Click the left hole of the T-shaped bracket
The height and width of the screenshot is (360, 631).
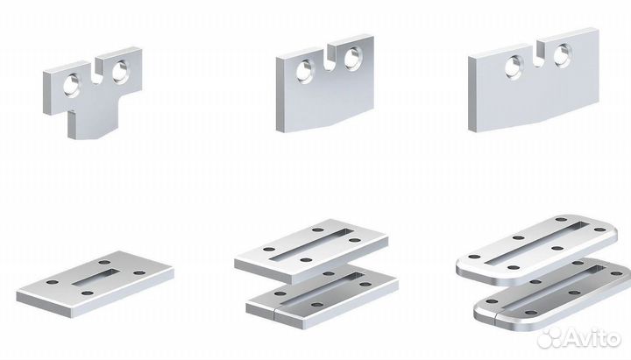click(72, 86)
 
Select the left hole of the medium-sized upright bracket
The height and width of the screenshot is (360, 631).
click(305, 72)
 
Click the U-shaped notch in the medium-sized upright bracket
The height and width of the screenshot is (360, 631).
click(330, 59)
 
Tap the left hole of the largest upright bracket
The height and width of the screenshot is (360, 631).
click(514, 67)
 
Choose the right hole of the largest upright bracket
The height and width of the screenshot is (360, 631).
click(563, 55)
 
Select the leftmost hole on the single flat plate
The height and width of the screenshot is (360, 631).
click(52, 282)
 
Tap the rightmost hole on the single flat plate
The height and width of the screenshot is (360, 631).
click(139, 272)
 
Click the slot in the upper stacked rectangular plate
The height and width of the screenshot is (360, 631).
click(312, 244)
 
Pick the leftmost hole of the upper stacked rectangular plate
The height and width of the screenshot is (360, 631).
click(269, 249)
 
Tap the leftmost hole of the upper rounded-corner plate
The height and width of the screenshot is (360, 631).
click(474, 257)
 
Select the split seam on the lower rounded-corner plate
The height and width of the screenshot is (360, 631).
click(496, 316)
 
